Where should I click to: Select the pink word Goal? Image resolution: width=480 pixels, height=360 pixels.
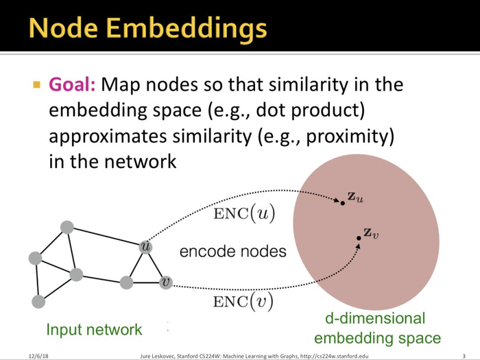click(x=73, y=86)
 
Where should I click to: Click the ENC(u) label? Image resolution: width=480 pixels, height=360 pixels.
click(x=244, y=214)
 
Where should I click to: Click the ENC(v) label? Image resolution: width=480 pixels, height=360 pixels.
click(x=244, y=302)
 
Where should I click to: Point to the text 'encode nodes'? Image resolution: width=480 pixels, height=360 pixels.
click(x=232, y=252)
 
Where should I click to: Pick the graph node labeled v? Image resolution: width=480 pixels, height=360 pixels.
click(x=165, y=282)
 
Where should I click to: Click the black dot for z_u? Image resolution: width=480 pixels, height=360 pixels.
click(x=342, y=202)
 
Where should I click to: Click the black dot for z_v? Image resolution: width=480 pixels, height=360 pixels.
click(x=359, y=239)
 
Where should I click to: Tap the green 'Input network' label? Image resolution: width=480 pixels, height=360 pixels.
click(x=94, y=329)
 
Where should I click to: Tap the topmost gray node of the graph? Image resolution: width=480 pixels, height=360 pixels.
click(x=67, y=227)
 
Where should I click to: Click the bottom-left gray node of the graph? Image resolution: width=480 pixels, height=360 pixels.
click(x=38, y=301)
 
